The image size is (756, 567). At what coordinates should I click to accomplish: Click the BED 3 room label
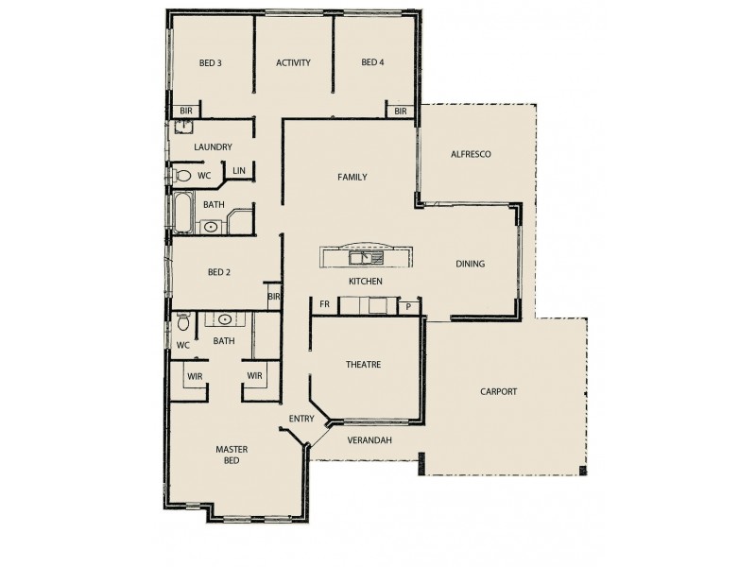(x=210, y=64)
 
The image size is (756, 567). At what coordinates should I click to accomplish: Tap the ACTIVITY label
(x=293, y=64)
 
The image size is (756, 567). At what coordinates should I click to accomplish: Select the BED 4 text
(x=373, y=64)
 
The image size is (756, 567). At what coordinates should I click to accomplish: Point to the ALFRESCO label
(x=470, y=154)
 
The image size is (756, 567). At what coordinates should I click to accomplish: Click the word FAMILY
(x=352, y=177)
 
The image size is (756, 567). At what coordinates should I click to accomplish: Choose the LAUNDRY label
(x=213, y=147)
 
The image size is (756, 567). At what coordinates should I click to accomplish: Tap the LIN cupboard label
(x=239, y=171)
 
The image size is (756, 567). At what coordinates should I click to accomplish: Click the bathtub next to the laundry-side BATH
(x=181, y=212)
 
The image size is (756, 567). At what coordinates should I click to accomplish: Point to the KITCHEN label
(x=365, y=282)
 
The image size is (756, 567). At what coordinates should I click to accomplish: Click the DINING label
(x=470, y=265)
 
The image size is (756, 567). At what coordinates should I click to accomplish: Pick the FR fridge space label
(x=324, y=305)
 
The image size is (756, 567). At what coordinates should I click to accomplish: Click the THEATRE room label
(x=363, y=364)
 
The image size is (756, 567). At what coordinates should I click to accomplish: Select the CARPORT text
(x=498, y=391)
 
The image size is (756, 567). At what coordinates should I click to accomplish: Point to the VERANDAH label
(x=369, y=440)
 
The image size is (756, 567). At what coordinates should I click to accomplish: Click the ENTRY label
(x=301, y=418)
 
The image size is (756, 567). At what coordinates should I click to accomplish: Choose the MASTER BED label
(x=232, y=455)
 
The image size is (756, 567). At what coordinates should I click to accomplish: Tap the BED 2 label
(x=219, y=273)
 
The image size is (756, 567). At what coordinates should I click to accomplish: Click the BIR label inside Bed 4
(x=400, y=112)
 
